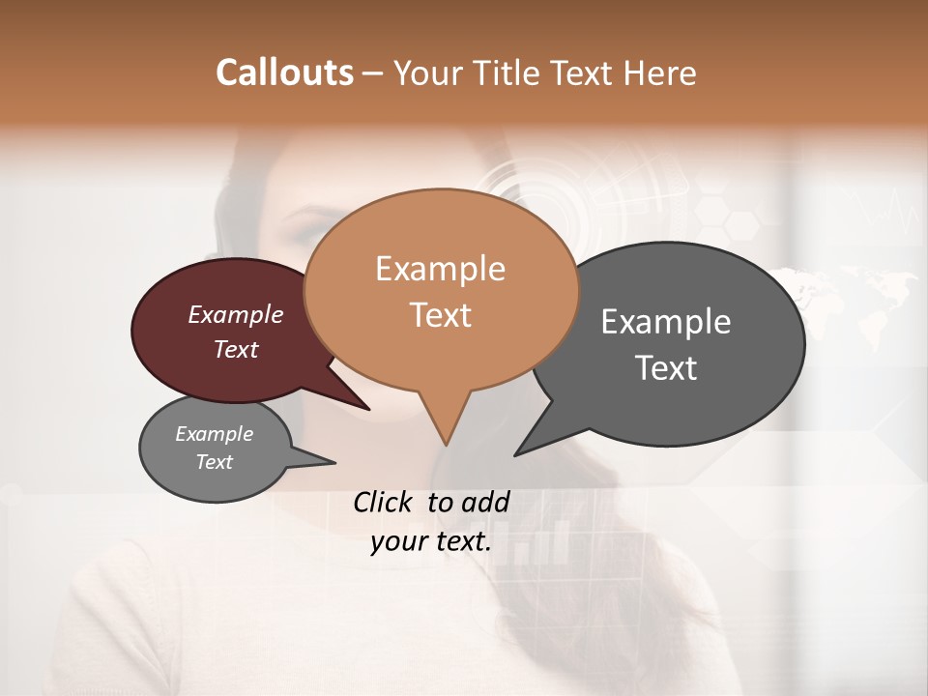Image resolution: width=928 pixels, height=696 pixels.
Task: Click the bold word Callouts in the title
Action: pos(284,72)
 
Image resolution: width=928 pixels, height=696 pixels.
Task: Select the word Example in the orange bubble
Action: pos(440,269)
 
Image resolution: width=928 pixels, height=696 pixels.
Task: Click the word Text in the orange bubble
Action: pos(440,315)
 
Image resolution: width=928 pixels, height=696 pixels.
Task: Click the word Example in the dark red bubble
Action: pos(235,315)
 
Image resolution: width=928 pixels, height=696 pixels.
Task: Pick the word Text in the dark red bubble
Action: pos(235,350)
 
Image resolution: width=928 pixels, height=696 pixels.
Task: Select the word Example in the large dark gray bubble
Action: pos(665,322)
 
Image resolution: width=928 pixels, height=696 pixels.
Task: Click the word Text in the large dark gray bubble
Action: pos(666,368)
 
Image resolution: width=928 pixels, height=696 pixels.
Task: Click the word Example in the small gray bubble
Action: pos(214,434)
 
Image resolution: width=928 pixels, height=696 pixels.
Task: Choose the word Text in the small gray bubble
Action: pos(214,462)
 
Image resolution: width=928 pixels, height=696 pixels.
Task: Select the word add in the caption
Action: pos(485,502)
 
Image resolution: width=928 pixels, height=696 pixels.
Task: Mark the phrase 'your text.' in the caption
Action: pos(431,541)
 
